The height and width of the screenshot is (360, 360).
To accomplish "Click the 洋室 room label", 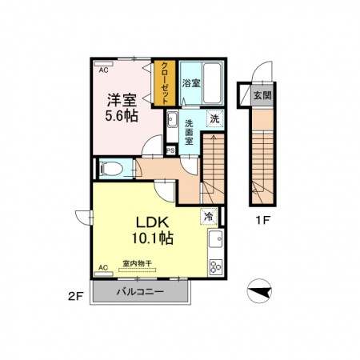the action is coord(122,100).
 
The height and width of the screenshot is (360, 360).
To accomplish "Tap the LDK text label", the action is coord(153,222).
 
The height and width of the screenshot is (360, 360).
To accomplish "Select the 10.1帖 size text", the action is coord(153,238).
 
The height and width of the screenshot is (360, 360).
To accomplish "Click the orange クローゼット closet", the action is coord(165,83).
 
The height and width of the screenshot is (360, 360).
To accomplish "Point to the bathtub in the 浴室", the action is coord(212,83).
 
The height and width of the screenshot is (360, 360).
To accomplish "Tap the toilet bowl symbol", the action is coord(111,169).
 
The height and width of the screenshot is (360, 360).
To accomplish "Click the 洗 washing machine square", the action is coord(215,118).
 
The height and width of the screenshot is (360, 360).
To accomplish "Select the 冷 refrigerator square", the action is coord(209,216).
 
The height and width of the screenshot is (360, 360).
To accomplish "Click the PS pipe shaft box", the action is coord(170,150).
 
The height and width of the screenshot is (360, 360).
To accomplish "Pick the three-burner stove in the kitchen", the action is coord(215,266).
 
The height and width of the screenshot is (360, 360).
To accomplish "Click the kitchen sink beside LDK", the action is coord(215,239).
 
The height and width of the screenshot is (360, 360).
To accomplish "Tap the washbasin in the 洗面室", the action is coord(172,119).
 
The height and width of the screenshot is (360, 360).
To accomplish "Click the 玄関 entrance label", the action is coord(262,95).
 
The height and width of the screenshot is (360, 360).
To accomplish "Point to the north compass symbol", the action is coord(259,291).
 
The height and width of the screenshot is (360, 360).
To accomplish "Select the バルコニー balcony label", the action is coord(140,292).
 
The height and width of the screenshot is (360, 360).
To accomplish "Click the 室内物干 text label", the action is coord(137,263).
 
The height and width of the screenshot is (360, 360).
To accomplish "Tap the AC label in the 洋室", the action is coord(104,70).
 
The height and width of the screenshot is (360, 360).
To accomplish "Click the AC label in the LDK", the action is coord(103,267).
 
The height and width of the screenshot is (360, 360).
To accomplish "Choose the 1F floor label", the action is coord(263,220).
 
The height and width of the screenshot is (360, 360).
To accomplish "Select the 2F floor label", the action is coord(76,297).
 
